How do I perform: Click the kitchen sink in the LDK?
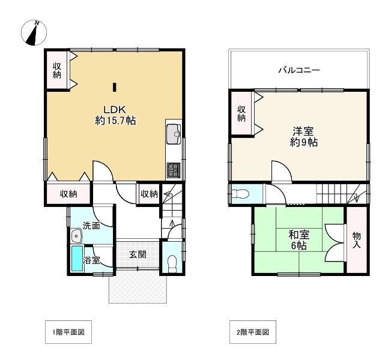[174, 133]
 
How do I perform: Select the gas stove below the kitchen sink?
[173, 170]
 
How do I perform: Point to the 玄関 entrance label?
[138, 254]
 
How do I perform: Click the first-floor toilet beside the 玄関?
[172, 262]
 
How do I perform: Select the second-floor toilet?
[240, 194]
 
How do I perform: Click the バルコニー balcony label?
[299, 70]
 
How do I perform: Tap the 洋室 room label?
[303, 131]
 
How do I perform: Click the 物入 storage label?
[356, 239]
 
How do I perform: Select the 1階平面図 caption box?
[68, 332]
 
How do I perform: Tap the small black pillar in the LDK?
[114, 86]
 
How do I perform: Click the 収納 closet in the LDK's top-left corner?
[57, 71]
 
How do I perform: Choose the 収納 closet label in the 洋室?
[241, 113]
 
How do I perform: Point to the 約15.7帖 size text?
[115, 121]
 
